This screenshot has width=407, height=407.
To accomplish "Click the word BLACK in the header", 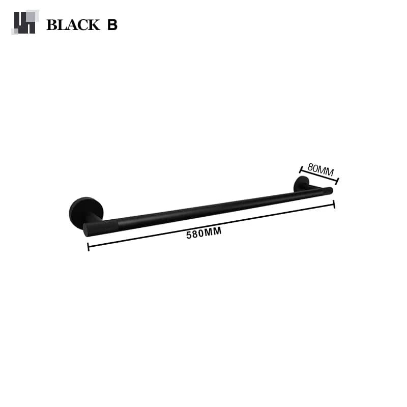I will [x=73, y=25].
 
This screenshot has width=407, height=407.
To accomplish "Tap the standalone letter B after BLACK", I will [x=112, y=25].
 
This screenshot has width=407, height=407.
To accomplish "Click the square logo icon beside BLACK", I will [x=25, y=22].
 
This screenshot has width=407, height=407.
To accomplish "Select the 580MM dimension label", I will [x=204, y=234].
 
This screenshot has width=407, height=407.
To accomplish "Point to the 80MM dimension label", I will [x=321, y=169].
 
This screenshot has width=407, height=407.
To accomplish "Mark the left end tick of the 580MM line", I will [x=88, y=247].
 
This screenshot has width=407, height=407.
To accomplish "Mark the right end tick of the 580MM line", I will [x=334, y=204].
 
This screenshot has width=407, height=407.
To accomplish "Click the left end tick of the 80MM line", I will [x=301, y=168].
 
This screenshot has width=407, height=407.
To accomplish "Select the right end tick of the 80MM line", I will [x=337, y=180].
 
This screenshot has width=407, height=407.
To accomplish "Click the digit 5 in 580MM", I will [x=189, y=235].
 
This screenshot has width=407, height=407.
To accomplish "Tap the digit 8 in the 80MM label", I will [x=311, y=166].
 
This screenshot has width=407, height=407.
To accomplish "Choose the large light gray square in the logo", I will [x=32, y=16].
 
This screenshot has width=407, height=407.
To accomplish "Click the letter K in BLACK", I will [x=94, y=25].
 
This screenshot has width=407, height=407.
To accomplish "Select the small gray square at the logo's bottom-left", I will [x=14, y=32].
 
